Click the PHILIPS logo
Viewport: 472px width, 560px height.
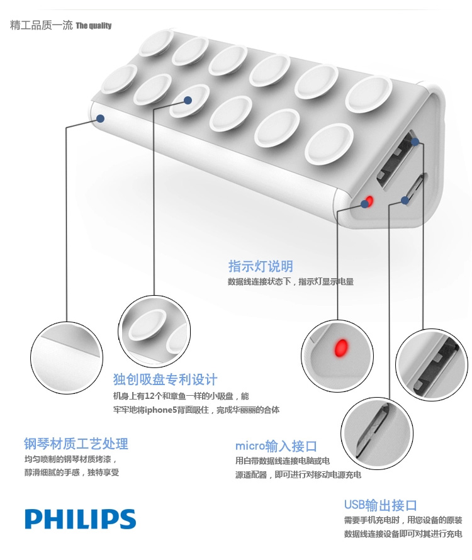click(x=80, y=519)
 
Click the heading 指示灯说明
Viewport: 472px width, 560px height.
click(x=261, y=266)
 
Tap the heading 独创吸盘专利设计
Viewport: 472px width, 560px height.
click(x=165, y=379)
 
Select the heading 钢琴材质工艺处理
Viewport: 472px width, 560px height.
click(x=76, y=444)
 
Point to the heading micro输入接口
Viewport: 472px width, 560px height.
click(x=276, y=447)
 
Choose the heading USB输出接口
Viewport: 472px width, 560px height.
click(x=380, y=505)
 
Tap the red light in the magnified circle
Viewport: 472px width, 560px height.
click(x=341, y=347)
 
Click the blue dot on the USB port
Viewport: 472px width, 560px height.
click(x=415, y=142)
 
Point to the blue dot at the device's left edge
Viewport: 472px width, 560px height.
click(x=100, y=118)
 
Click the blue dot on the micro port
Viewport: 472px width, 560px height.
click(x=405, y=200)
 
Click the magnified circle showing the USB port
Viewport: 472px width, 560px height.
click(x=431, y=365)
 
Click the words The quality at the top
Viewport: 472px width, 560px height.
click(x=93, y=26)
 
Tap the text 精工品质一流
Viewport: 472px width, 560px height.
click(x=42, y=26)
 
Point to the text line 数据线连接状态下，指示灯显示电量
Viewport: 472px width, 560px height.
click(x=290, y=282)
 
